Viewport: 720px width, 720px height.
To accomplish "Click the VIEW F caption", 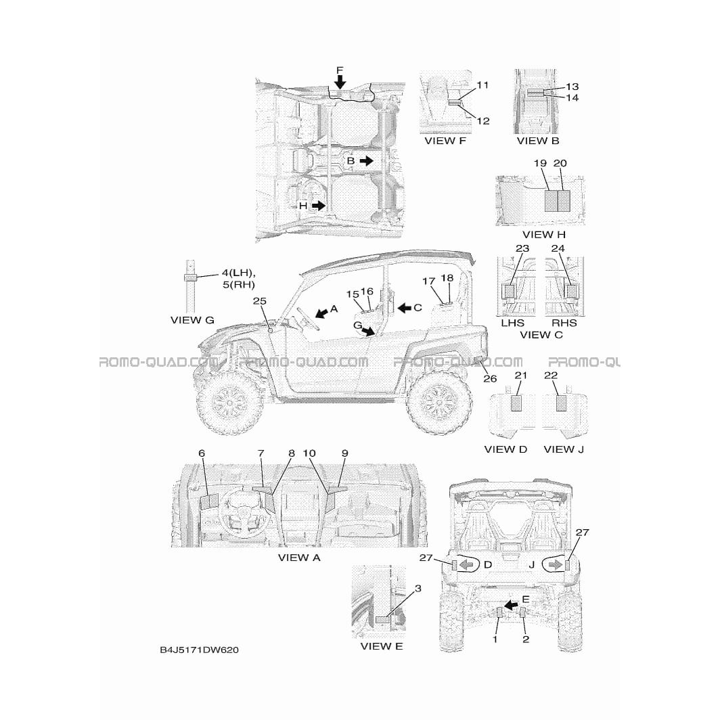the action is point(445,141).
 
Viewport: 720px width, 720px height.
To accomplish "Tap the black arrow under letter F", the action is point(339,82).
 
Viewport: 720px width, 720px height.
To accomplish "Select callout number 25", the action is point(259,301).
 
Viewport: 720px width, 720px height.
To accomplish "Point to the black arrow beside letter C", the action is point(404,308).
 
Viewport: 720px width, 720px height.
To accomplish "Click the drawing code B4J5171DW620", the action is point(199,650).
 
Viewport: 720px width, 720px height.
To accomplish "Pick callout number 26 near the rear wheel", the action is point(490,378).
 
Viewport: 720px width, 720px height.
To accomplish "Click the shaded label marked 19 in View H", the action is point(551,201).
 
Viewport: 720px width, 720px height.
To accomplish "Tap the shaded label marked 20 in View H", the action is point(564,201).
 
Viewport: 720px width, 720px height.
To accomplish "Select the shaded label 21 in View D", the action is point(516,403).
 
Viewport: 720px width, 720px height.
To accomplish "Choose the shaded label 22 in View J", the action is point(561,403).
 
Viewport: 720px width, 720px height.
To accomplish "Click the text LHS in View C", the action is point(512,323).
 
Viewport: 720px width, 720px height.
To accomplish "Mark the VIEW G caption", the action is point(192,320).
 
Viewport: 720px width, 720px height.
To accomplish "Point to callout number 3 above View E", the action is point(418,588).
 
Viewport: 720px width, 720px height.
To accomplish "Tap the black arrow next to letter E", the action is point(511,606).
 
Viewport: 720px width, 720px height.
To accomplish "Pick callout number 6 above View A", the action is point(202,453).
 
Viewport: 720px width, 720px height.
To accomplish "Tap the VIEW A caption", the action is point(299,558).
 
